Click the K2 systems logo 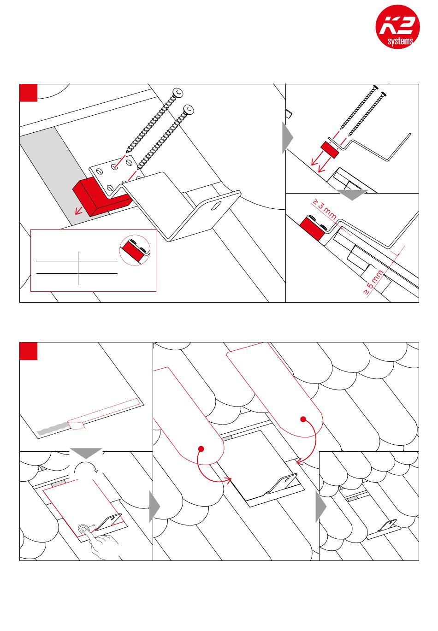(397, 26)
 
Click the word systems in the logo (400, 41)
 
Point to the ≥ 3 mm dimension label (324, 209)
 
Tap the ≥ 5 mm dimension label (373, 282)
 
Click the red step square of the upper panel (29, 93)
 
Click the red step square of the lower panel (29, 351)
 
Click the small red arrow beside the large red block (79, 211)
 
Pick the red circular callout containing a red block (135, 250)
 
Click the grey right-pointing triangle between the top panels (288, 138)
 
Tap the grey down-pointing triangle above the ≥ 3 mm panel (352, 195)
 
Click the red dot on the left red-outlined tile (201, 449)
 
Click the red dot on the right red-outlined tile (303, 419)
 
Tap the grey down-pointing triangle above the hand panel (86, 453)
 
